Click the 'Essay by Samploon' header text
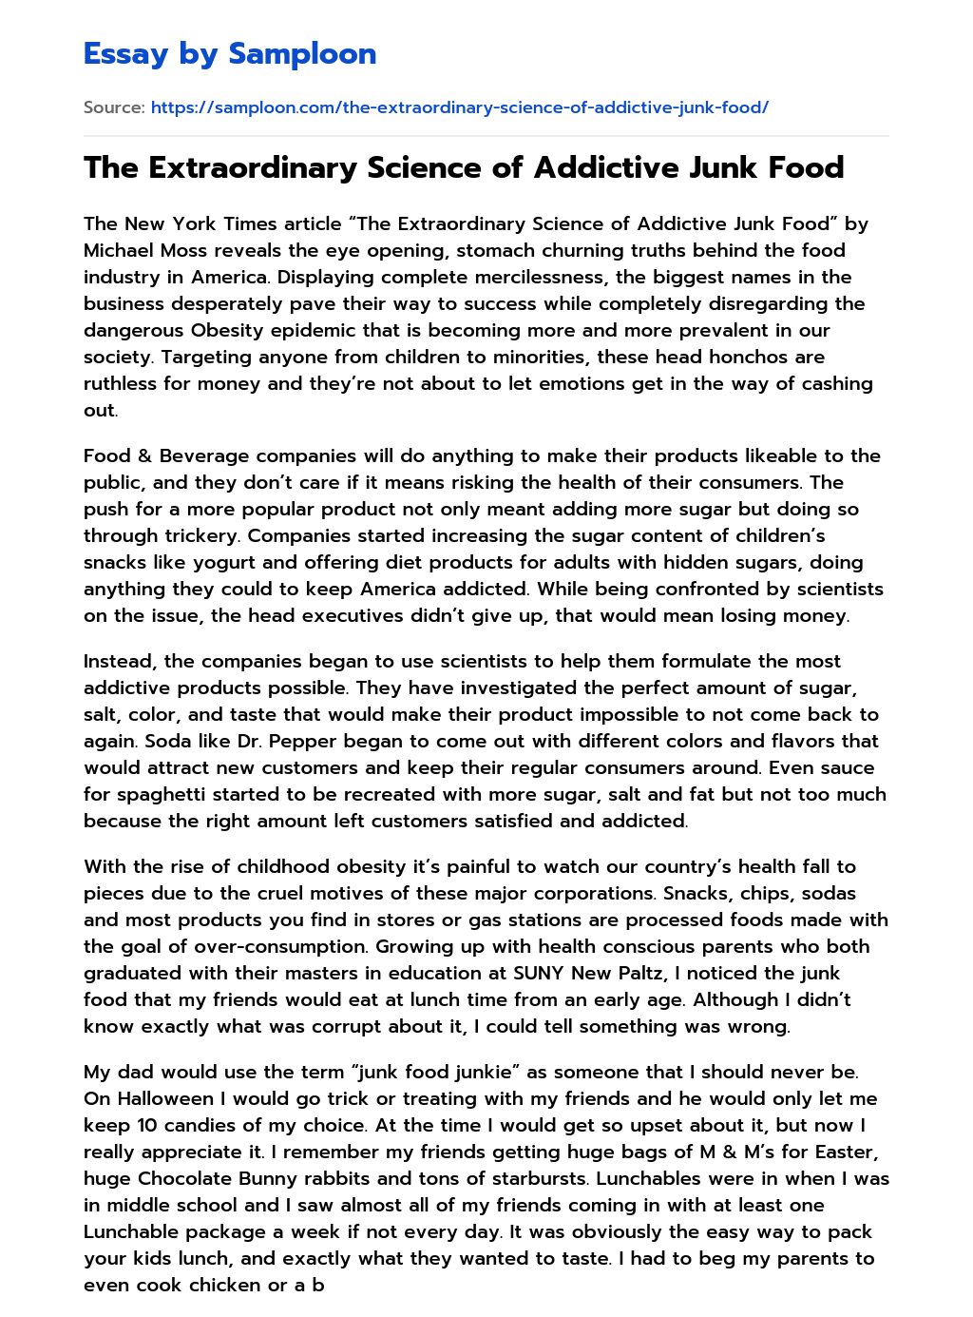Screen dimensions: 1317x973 pyautogui.click(x=230, y=54)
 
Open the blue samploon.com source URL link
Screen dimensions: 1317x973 pyautogui.click(x=459, y=107)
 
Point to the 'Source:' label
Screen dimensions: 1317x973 pyautogui.click(x=114, y=107)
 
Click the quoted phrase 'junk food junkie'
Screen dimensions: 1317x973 pyautogui.click(x=435, y=1072)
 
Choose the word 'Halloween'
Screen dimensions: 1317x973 pyautogui.click(x=165, y=1098)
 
